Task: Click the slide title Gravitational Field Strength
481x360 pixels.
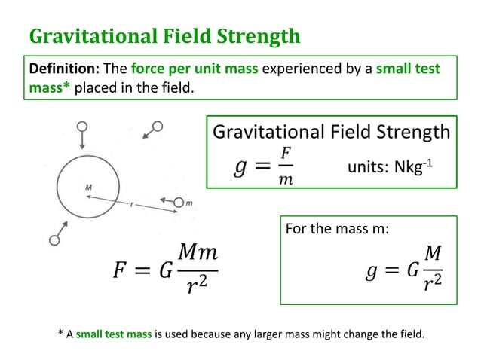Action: (164, 36)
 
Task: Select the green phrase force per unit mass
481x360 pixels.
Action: (195, 69)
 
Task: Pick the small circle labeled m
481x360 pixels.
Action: (179, 202)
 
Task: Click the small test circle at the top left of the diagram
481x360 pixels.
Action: (82, 125)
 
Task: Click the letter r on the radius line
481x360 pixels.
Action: (133, 205)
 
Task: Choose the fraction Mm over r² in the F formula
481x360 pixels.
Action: (197, 270)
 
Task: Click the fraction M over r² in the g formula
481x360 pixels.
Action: (432, 270)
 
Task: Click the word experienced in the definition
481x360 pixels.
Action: (301, 69)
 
